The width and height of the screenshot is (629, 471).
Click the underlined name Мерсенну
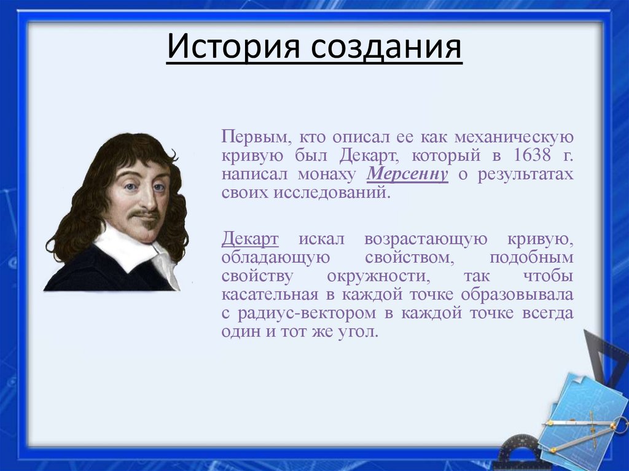(x=408, y=174)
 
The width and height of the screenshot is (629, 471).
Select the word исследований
(x=335, y=192)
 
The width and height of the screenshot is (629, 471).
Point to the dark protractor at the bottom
(x=519, y=451)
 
